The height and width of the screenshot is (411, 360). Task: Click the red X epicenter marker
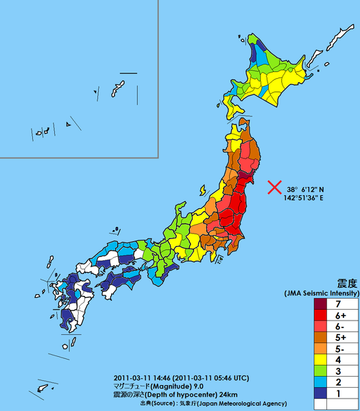274,187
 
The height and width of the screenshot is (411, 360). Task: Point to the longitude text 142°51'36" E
304,198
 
